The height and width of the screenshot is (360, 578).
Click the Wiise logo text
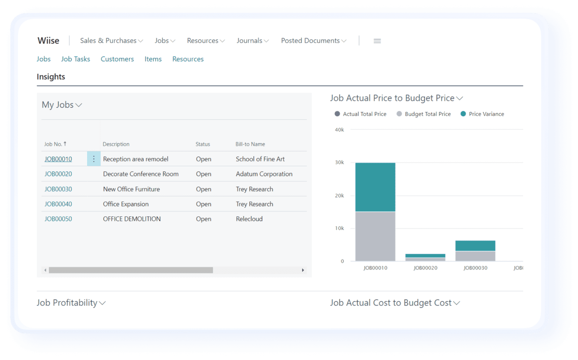click(49, 41)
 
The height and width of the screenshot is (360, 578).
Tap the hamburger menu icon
click(377, 41)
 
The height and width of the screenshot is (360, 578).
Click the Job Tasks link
click(76, 59)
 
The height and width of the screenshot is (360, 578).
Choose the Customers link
click(117, 59)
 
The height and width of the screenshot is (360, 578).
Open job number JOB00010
click(58, 159)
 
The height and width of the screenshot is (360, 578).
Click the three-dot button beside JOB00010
click(94, 159)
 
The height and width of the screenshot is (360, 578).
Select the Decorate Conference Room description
click(141, 174)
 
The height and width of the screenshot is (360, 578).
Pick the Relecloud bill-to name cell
click(249, 219)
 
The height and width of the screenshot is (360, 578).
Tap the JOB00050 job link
click(58, 219)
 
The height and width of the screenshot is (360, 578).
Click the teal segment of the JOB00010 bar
click(375, 187)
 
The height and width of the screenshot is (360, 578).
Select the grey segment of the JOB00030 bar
click(475, 256)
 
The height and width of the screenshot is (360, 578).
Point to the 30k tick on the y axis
click(339, 162)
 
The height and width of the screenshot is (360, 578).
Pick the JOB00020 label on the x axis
click(425, 268)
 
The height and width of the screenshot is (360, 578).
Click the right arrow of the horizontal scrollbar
click(303, 270)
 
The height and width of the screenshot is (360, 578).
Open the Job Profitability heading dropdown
click(71, 303)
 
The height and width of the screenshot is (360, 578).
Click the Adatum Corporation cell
click(264, 174)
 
